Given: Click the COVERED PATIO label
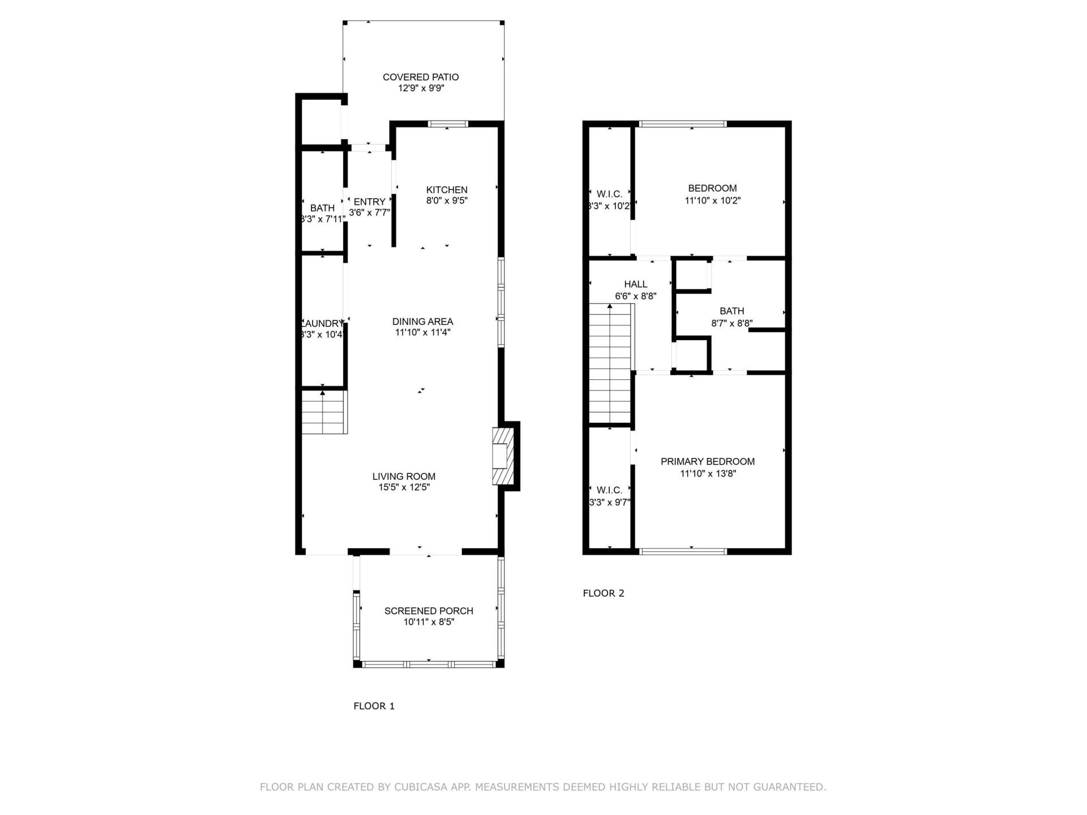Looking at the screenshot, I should [420, 77].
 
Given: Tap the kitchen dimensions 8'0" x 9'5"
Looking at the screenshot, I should [447, 200].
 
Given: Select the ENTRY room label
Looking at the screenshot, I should [369, 201].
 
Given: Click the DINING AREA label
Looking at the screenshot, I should [422, 321].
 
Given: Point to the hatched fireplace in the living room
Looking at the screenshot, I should [501, 456].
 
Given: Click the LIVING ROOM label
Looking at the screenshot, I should [404, 477].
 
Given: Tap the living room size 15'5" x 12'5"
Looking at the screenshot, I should [404, 487].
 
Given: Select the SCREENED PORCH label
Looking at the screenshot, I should [429, 611].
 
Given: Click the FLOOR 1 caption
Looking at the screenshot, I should [374, 706].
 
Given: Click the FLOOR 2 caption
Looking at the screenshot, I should [603, 593].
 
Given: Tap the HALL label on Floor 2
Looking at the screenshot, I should [635, 284].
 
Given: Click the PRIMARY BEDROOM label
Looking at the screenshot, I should [707, 461].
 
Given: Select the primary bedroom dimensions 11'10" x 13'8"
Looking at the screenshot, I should [707, 474].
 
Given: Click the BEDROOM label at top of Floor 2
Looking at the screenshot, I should [712, 188].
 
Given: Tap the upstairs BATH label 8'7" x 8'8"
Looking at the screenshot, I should [731, 311].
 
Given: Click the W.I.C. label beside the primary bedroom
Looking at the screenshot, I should [609, 490].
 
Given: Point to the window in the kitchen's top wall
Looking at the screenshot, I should [447, 124].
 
